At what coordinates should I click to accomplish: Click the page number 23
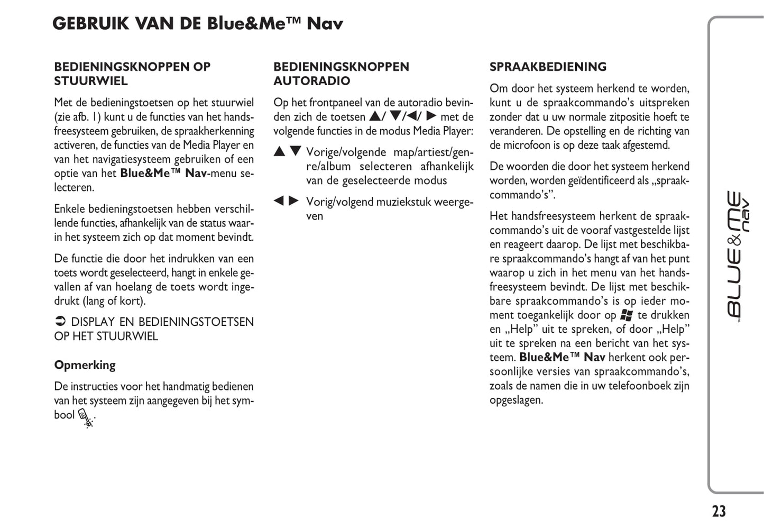[719, 511]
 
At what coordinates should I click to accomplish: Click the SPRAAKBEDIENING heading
[548, 67]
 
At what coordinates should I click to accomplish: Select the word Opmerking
[85, 365]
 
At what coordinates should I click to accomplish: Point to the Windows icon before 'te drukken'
[627, 315]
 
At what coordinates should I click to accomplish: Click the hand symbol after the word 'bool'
[86, 417]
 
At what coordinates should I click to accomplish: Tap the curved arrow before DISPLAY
[60, 322]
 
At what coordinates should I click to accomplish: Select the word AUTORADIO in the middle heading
[311, 81]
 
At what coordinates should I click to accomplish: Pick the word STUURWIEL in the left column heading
[90, 81]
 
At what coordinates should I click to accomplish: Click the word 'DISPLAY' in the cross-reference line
[93, 322]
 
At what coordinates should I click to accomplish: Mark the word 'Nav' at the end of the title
[325, 24]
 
